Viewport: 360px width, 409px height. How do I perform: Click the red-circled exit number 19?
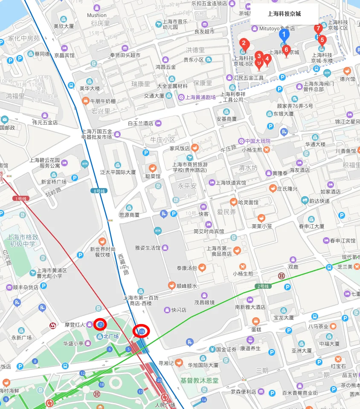coord(142,331)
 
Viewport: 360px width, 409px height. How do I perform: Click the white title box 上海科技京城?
coord(284,14)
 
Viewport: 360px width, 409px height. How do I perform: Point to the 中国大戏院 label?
coord(257,141)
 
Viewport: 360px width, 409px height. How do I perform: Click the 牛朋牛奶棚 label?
coord(102,101)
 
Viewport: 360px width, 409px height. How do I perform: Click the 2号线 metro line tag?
coord(263,286)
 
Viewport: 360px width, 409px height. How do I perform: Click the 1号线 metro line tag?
coord(20,198)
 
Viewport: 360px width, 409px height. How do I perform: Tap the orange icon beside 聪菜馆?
coord(152,168)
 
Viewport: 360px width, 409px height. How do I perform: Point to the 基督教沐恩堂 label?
coord(199,380)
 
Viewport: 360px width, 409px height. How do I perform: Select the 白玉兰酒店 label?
coord(140,123)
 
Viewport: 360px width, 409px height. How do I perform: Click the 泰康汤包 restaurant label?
coord(187,268)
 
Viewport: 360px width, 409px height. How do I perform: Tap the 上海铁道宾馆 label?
coord(231,183)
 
